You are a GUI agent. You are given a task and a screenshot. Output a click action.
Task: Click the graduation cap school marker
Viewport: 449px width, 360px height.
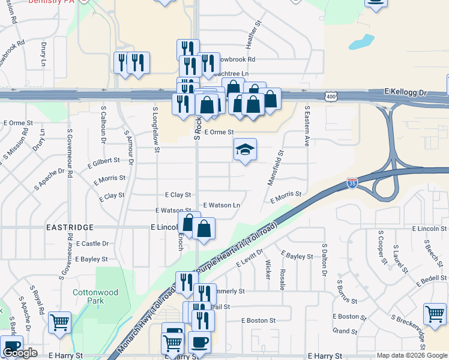245,149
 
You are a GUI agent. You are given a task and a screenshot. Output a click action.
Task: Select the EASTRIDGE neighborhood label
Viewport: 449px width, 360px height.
70,227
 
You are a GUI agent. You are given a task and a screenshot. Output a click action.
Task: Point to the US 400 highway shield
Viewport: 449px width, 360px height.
331,96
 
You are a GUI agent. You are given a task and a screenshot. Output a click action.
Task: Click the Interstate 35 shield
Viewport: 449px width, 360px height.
352,182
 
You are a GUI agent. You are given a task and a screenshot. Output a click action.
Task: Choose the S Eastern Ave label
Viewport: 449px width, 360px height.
307,127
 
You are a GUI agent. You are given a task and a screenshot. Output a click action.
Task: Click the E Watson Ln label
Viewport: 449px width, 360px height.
221,205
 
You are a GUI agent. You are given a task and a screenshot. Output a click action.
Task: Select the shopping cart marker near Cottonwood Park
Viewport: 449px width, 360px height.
59,323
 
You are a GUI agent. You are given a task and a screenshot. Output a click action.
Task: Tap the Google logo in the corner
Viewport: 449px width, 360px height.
20,353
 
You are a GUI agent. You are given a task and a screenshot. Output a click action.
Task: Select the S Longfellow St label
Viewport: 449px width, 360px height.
155,125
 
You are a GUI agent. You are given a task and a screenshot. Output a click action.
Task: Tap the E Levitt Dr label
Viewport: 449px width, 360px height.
250,259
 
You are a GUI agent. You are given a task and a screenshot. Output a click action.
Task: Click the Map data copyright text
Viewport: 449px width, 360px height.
412,355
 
